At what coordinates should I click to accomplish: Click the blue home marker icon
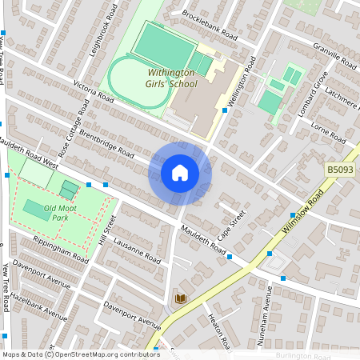(x=180, y=173)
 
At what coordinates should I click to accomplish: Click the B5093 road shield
(x=340, y=170)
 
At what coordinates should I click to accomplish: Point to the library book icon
(x=181, y=298)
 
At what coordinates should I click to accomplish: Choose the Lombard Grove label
(x=313, y=93)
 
